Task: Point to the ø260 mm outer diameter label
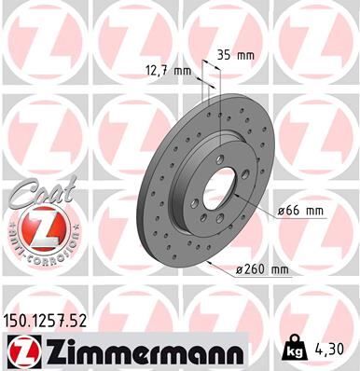coord(264,270)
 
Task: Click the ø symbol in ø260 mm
coord(238,270)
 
